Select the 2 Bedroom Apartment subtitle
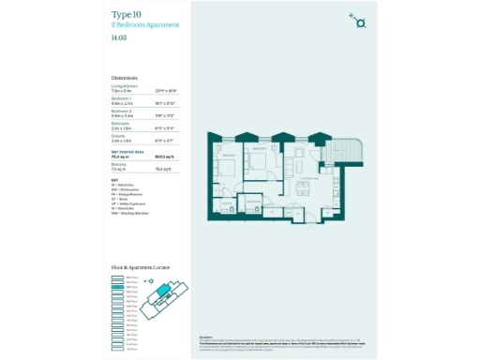142,24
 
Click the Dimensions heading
125,78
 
